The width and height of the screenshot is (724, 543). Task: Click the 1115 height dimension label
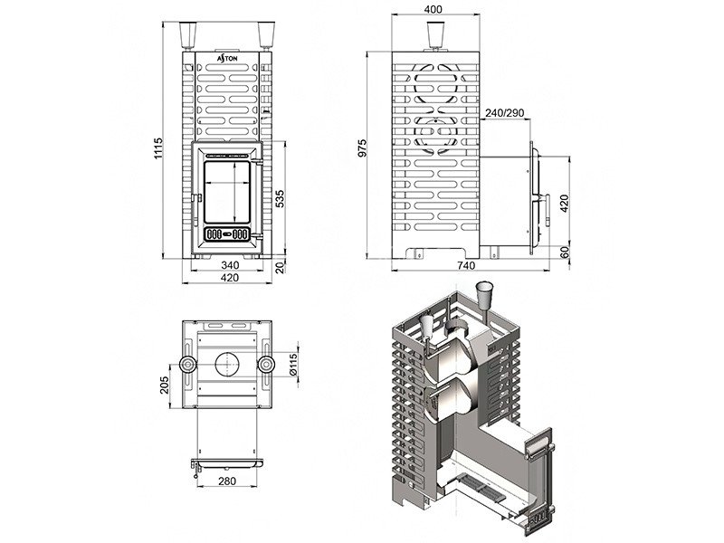(x=159, y=148)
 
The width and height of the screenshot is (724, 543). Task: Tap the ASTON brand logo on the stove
(x=228, y=58)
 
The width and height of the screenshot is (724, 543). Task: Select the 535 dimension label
(x=280, y=198)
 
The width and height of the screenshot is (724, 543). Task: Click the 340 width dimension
(x=230, y=265)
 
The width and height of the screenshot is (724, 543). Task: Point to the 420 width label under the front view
(x=230, y=278)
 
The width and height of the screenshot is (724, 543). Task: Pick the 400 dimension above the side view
(x=433, y=9)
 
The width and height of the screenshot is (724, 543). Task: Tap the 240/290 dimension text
(x=504, y=112)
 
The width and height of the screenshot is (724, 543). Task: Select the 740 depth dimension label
(x=466, y=265)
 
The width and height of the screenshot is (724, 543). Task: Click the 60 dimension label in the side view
(x=565, y=252)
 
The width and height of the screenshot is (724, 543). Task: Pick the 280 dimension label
(x=227, y=481)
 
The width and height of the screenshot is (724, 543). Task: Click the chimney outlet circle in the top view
(x=227, y=365)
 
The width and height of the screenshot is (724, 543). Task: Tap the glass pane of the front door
(x=228, y=192)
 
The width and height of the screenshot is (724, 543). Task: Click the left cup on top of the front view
(x=188, y=35)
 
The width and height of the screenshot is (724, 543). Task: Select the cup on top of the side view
(x=435, y=34)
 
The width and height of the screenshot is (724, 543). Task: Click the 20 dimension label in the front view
(x=280, y=267)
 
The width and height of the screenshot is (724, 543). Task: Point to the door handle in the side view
(x=547, y=210)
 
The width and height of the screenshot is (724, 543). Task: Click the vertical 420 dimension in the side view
(x=564, y=203)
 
